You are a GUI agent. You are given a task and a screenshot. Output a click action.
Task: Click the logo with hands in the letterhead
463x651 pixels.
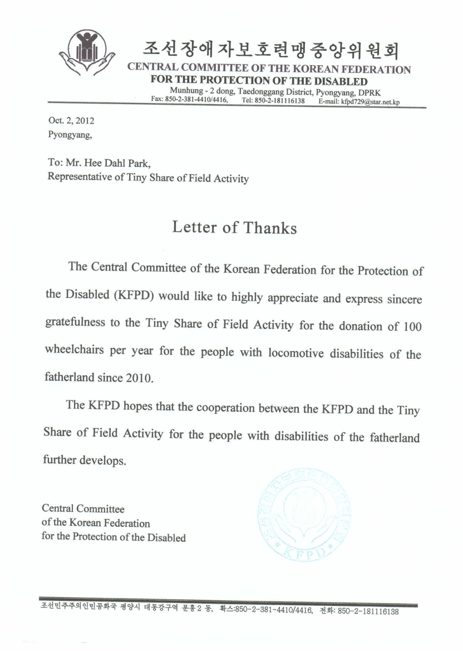point(87,53)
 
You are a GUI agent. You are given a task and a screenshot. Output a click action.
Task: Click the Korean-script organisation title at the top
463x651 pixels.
point(271,50)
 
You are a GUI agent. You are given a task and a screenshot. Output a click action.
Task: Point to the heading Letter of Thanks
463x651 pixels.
point(234,227)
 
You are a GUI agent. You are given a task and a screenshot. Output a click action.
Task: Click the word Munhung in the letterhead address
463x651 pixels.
point(185,91)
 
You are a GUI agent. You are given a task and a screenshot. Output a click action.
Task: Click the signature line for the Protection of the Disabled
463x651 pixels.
point(114,538)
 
